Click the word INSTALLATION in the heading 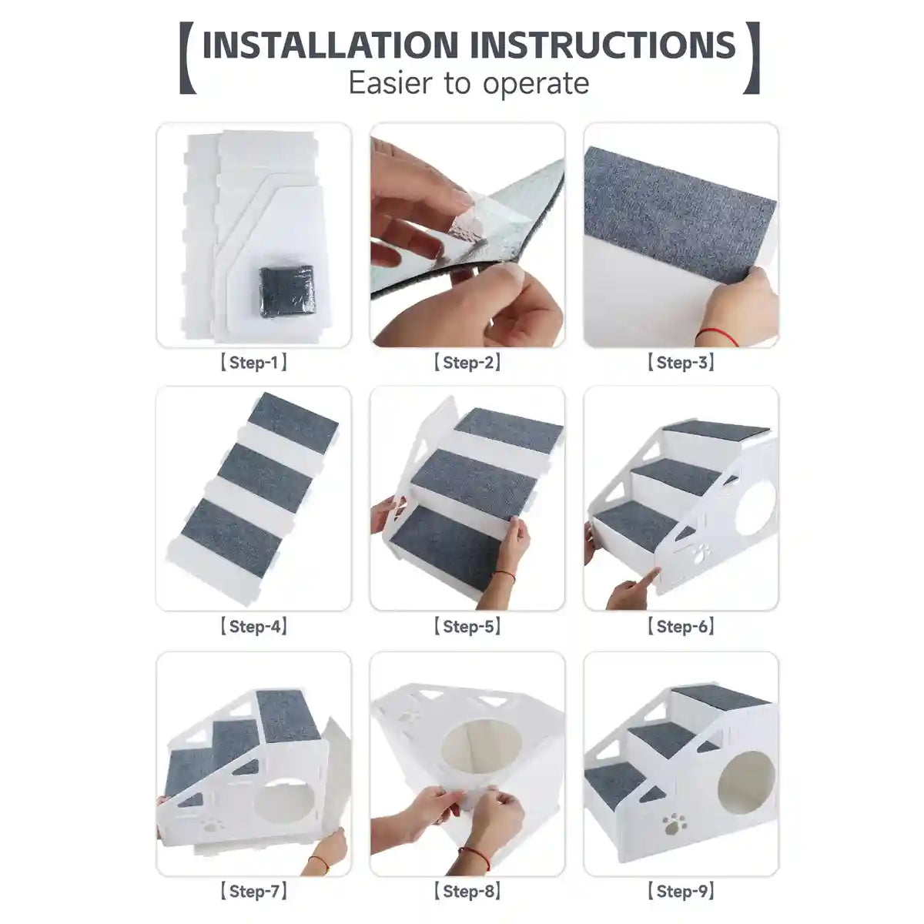pyautogui.click(x=331, y=45)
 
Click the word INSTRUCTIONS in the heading pyautogui.click(x=603, y=45)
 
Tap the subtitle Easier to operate pyautogui.click(x=468, y=82)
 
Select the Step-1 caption pyautogui.click(x=253, y=363)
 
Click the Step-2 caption pyautogui.click(x=467, y=363)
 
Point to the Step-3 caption pyautogui.click(x=680, y=363)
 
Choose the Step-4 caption pyautogui.click(x=253, y=627)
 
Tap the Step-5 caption pyautogui.click(x=467, y=627)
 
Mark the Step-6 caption pyautogui.click(x=680, y=627)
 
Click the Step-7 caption pyautogui.click(x=253, y=892)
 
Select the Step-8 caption pyautogui.click(x=467, y=892)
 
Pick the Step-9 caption pyautogui.click(x=680, y=892)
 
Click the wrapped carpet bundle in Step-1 pyautogui.click(x=286, y=290)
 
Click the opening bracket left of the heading pyautogui.click(x=185, y=59)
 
